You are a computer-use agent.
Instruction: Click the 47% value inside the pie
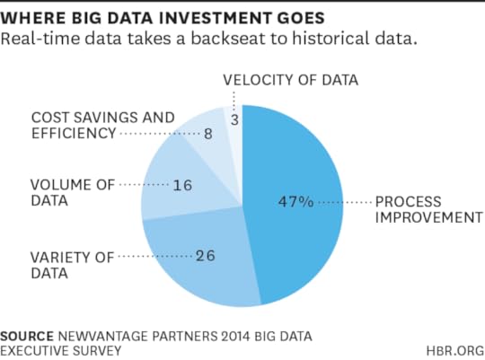[295, 203]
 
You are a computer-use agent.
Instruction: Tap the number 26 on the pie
[206, 257]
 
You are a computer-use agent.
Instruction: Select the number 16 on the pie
[183, 186]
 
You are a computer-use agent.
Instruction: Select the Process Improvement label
[427, 210]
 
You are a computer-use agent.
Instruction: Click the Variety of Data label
[73, 265]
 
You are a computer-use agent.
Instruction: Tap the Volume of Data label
[72, 193]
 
